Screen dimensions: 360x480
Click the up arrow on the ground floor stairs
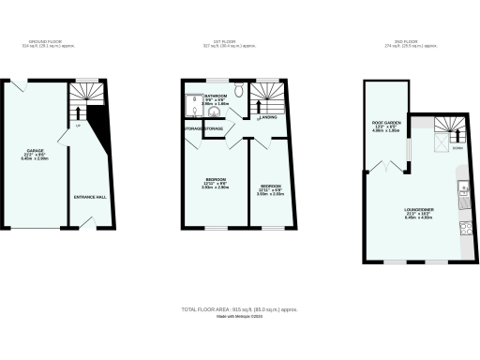(x=77, y=112)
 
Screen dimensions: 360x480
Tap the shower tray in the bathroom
(x=191, y=113)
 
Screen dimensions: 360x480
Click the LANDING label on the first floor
(x=267, y=117)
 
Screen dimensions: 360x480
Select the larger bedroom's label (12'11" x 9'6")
(x=216, y=181)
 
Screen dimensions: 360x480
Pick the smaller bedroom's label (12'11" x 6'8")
(x=272, y=187)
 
